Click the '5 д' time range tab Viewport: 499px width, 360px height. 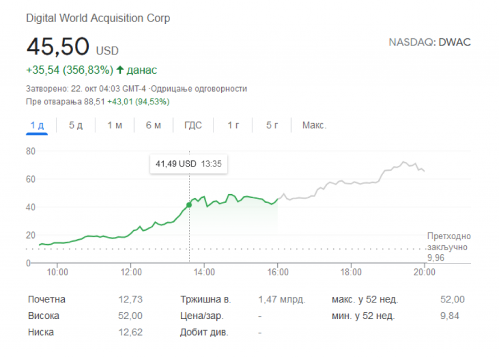point(75,125)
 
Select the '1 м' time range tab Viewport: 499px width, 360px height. point(115,125)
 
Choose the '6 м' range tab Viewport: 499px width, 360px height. point(154,125)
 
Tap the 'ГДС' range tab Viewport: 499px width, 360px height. point(193,125)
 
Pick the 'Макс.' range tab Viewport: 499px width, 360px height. point(314,125)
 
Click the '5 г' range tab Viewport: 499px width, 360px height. point(272,125)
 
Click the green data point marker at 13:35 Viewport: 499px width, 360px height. point(189,205)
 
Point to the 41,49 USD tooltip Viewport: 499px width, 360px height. point(189,164)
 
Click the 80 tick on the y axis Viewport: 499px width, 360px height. point(30,151)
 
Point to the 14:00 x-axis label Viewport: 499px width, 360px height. point(205,272)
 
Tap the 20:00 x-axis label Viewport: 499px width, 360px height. point(424,272)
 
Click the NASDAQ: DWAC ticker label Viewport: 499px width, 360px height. point(430,42)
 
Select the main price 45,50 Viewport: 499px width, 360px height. point(58,47)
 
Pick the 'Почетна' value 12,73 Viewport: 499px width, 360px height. point(130,300)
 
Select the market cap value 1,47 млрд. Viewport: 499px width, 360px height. point(282,300)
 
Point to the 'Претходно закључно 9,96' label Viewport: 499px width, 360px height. point(449,247)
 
